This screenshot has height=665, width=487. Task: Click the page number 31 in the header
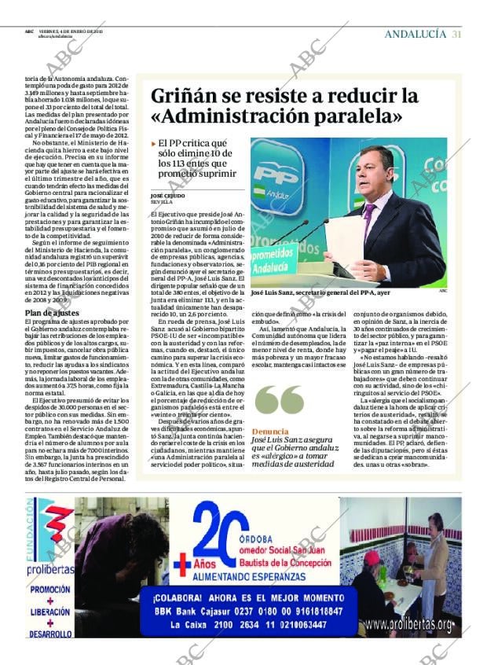(x=456, y=34)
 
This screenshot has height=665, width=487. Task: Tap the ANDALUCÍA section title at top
(x=416, y=34)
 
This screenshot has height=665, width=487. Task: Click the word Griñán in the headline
(x=185, y=96)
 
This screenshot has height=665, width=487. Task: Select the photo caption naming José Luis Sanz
(x=320, y=292)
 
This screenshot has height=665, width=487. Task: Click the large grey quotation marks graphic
(x=279, y=400)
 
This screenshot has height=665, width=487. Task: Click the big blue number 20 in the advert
(x=221, y=531)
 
